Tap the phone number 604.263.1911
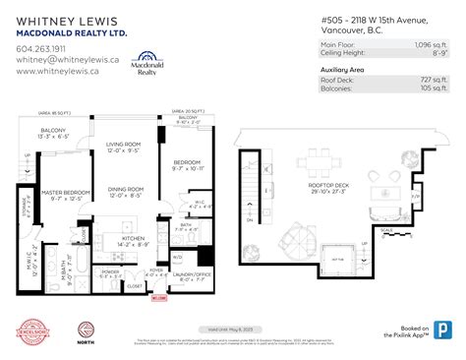click(x=41, y=46)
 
